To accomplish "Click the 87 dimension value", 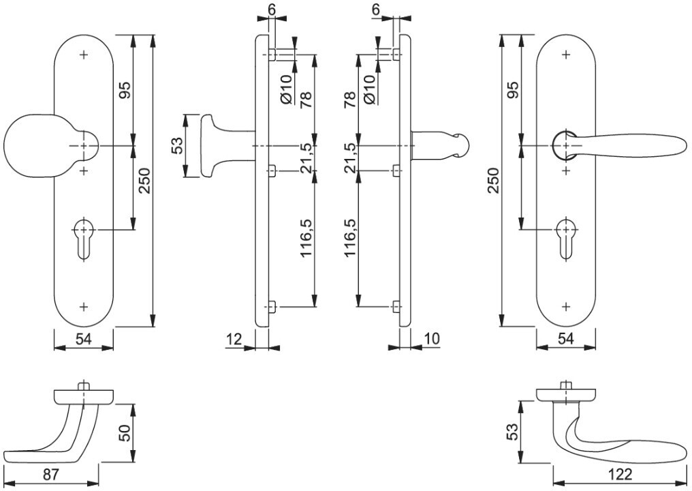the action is click(x=51, y=475).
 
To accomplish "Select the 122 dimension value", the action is click(x=620, y=475).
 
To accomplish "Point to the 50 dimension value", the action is click(x=125, y=432).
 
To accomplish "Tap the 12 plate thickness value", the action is click(x=234, y=340).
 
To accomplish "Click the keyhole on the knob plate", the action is click(x=82, y=239).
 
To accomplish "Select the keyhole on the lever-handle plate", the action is click(x=565, y=239).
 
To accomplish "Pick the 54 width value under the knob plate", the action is click(x=83, y=340).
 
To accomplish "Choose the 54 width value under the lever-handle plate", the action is click(x=566, y=340).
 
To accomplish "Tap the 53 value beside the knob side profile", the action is click(x=176, y=145).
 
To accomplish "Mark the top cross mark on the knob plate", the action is click(x=84, y=55).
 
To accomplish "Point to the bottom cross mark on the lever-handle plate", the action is click(x=567, y=306).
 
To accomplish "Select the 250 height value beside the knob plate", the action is click(x=145, y=181).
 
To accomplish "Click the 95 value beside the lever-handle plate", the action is click(x=514, y=90).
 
